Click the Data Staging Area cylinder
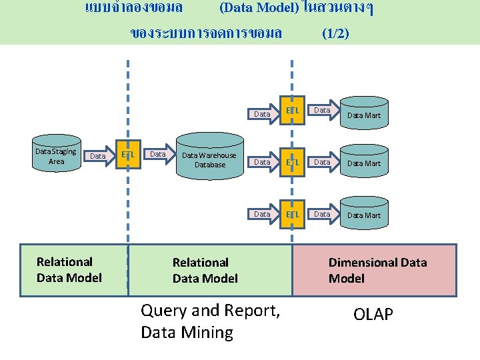tap(57, 157)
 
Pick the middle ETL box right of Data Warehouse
tap(292, 162)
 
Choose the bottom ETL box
tap(292, 214)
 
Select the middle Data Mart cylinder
tap(363, 163)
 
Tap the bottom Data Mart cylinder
tap(363, 215)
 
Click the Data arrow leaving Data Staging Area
tap(97, 156)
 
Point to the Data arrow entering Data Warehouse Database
tap(158, 155)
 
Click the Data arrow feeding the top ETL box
tap(263, 114)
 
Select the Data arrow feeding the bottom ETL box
tap(263, 214)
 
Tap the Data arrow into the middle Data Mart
tap(323, 162)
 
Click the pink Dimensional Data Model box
tap(375, 270)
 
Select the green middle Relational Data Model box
tap(210, 270)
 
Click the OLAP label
tap(373, 314)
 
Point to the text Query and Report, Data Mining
tap(210, 321)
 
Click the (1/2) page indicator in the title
tap(335, 33)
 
